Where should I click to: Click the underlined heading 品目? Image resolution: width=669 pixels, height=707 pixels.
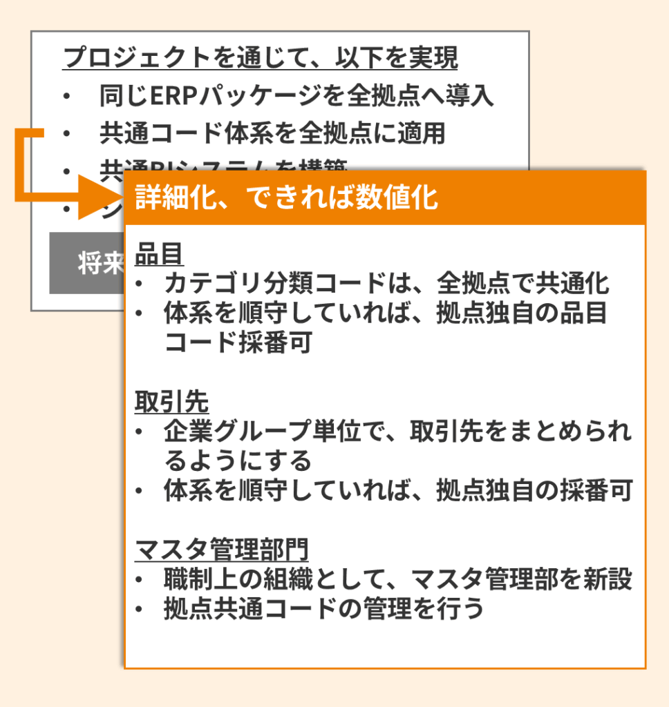[160, 254]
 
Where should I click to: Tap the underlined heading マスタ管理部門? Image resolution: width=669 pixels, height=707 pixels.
[221, 550]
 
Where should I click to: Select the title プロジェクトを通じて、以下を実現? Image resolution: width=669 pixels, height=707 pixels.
[260, 58]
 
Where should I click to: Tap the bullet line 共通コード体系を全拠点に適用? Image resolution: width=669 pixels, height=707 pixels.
[272, 133]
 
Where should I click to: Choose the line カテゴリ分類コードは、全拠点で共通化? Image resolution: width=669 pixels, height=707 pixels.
[386, 284]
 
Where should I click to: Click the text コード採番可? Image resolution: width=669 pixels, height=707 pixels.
[238, 342]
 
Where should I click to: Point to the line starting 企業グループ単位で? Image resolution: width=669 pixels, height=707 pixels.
[397, 432]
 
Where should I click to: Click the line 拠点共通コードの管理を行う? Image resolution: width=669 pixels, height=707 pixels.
[323, 609]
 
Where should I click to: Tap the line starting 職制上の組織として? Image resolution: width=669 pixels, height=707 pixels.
[397, 579]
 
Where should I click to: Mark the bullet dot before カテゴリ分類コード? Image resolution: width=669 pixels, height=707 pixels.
[140, 284]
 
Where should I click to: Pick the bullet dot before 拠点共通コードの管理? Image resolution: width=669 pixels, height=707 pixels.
[140, 610]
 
